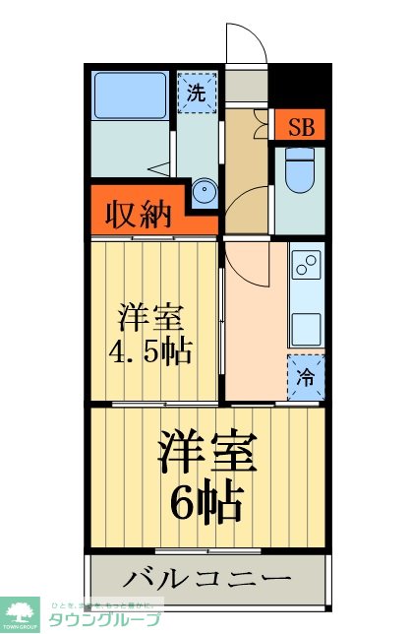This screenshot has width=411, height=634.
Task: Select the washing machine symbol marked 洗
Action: coord(196,94)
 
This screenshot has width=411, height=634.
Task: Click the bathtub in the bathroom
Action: coord(131,96)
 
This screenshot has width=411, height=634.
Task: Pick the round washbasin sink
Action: coord(204,191)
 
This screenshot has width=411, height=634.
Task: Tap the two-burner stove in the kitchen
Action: coord(306,265)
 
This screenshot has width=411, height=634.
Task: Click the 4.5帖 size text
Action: coord(151,349)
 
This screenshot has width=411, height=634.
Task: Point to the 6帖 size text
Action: coord(206,505)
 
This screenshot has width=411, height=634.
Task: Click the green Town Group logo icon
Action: coord(20,611)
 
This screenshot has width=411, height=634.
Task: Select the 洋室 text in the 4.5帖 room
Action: coord(151,317)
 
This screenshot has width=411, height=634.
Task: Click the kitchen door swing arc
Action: coord(241,264)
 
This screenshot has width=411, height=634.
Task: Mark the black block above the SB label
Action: coord(298,86)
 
